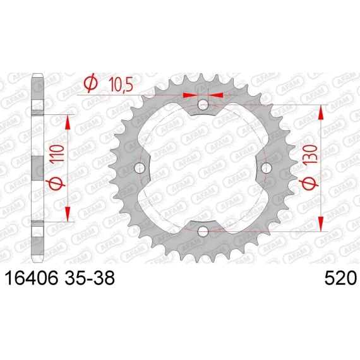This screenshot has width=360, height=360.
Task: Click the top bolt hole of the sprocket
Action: [203, 105]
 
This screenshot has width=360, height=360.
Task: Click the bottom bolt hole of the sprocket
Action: [203, 231]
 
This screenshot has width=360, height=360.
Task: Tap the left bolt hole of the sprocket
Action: [140, 168]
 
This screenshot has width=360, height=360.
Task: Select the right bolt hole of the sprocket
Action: [267, 168]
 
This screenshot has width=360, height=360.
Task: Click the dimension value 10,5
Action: [121, 84]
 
